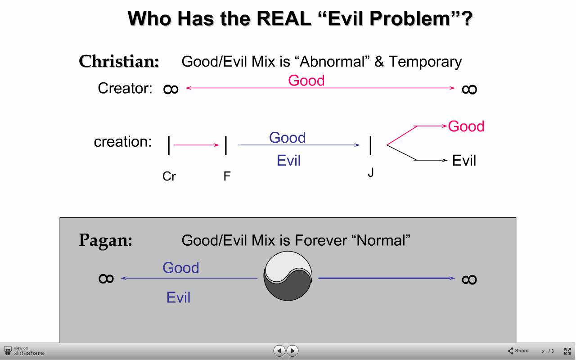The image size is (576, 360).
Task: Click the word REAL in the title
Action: point(283,18)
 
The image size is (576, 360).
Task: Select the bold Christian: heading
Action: point(119,62)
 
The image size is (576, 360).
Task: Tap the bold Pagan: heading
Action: point(105,241)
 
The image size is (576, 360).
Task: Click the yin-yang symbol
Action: point(288,276)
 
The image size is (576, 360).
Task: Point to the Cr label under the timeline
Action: point(169,176)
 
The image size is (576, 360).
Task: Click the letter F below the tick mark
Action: point(227,176)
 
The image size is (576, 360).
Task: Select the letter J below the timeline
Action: point(370,172)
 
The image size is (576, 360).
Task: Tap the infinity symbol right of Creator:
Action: point(171,89)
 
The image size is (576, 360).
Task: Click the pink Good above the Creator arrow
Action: point(306,81)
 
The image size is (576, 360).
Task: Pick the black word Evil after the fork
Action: point(464,161)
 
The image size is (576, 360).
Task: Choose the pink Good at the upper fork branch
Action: point(466,126)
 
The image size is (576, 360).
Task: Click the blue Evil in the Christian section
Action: point(288,161)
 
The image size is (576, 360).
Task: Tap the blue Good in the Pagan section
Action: point(181,268)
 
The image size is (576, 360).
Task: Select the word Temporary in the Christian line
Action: point(425,62)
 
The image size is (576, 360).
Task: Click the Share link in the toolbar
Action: point(518,351)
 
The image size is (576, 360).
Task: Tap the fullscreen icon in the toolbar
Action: point(567,351)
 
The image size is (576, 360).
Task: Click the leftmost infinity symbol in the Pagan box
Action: point(106,279)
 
